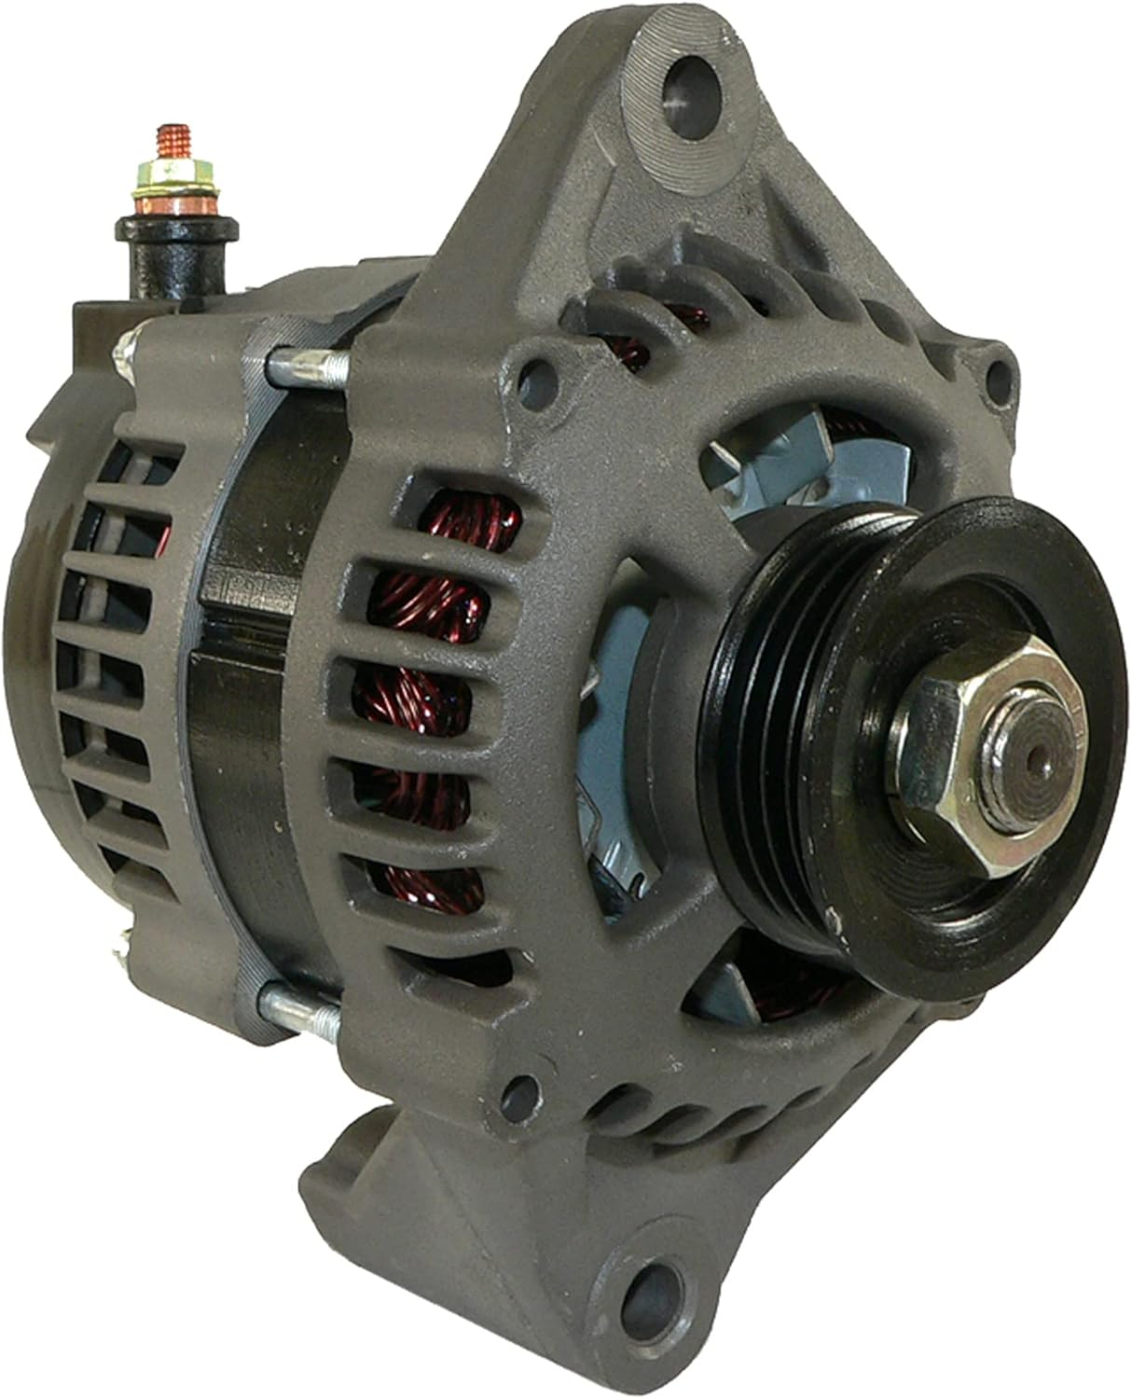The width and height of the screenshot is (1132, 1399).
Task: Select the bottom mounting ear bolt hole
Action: (647, 1289)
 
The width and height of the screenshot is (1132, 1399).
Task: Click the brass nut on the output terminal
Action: (174, 176)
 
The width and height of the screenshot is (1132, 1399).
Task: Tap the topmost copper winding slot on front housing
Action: (466, 519)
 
